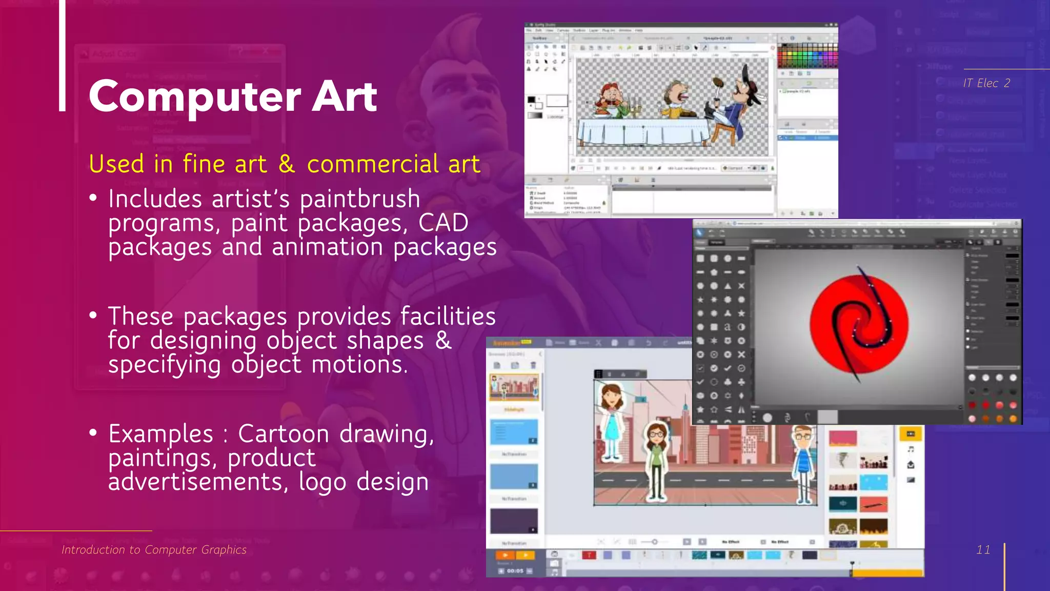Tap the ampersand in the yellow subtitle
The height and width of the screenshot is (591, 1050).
click(287, 164)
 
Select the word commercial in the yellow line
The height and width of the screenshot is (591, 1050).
click(373, 164)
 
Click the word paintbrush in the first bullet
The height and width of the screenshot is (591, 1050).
click(360, 199)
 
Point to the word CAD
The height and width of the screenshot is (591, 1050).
click(443, 223)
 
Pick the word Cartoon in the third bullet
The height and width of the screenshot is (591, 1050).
click(284, 434)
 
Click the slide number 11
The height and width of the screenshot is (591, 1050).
click(983, 550)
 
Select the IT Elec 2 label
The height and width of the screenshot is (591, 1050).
click(986, 83)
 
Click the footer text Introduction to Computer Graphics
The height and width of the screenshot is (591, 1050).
click(154, 550)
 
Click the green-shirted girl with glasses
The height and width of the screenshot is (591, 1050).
click(656, 459)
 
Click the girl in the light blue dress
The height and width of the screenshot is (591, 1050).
click(611, 421)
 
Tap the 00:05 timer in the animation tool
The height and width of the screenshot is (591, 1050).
click(515, 570)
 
